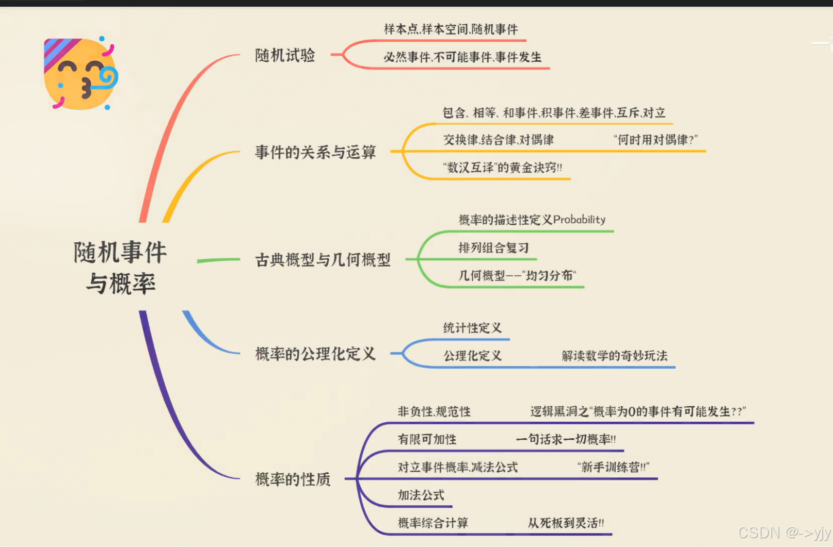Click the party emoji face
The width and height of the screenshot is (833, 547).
pyautogui.click(x=81, y=73)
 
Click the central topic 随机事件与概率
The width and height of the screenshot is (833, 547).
pyautogui.click(x=121, y=268)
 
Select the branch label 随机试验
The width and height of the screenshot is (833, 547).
pyautogui.click(x=285, y=55)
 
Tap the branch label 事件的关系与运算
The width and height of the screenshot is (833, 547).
pyautogui.click(x=315, y=152)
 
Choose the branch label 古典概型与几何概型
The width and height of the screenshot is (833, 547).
pyautogui.click(x=323, y=260)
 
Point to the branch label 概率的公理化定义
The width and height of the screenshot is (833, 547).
pyautogui.click(x=315, y=354)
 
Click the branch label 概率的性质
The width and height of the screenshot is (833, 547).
pyautogui.click(x=293, y=479)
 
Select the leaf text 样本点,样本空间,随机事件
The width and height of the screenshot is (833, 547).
pyautogui.click(x=451, y=29)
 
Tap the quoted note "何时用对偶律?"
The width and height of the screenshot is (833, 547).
pyautogui.click(x=655, y=140)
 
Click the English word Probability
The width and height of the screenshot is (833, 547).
pyautogui.click(x=579, y=220)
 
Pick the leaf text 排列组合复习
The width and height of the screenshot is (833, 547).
pyautogui.click(x=493, y=248)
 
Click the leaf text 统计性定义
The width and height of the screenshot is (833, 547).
pyautogui.click(x=472, y=328)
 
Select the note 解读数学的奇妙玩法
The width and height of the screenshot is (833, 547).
pyautogui.click(x=614, y=356)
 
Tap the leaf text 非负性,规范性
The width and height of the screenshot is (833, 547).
pyautogui.click(x=434, y=411)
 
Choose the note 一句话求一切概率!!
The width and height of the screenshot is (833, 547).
pyautogui.click(x=566, y=439)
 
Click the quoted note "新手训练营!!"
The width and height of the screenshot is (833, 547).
pyautogui.click(x=613, y=467)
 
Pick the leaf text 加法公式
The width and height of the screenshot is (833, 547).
pyautogui.click(x=421, y=495)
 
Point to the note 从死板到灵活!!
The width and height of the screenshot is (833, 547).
pyautogui.click(x=566, y=523)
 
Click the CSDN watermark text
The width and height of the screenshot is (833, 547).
pyautogui.click(x=784, y=533)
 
